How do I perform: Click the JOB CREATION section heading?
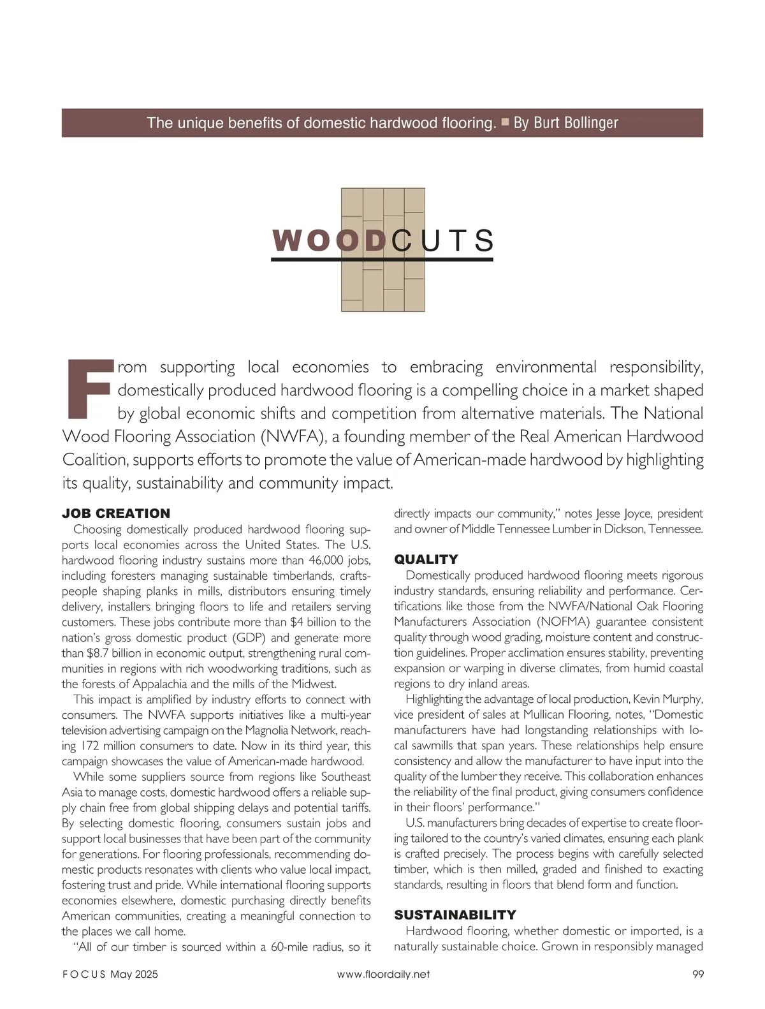click(x=116, y=513)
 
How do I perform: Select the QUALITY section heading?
click(x=426, y=559)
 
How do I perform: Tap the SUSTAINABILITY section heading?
click(x=455, y=915)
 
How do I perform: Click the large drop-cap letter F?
click(x=89, y=390)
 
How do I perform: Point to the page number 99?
click(x=697, y=974)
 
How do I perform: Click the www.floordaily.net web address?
click(x=383, y=974)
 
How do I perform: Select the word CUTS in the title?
click(x=442, y=241)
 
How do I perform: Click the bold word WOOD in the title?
click(x=330, y=241)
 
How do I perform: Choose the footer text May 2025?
click(x=134, y=974)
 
